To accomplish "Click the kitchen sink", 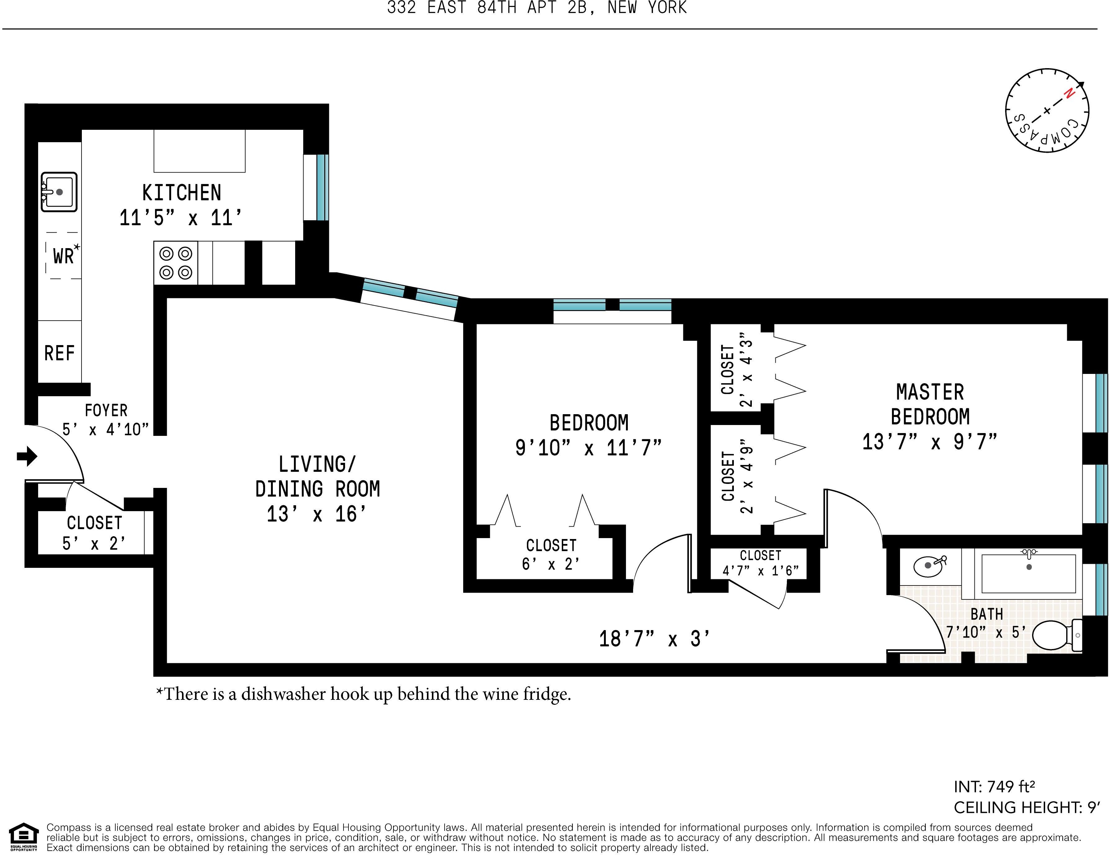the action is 59,192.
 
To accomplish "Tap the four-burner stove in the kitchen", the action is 176,262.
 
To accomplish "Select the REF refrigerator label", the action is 60,353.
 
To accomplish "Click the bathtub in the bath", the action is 1028,573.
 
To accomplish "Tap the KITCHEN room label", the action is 181,193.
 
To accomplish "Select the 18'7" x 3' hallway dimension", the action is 654,639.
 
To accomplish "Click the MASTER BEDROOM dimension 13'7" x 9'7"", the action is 929,441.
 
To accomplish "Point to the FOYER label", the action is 106,410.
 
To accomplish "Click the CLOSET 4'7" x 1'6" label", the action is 760,563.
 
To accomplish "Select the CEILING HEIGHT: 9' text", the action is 1027,807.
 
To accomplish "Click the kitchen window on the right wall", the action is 322,187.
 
